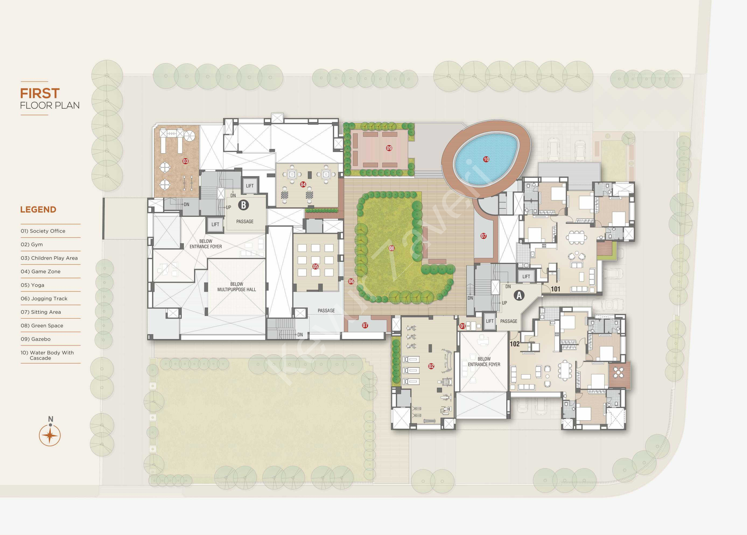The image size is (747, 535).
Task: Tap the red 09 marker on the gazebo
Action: point(389,148)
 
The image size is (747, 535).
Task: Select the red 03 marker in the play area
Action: point(185,161)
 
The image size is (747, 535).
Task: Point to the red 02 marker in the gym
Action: point(431,366)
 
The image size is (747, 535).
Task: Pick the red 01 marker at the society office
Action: point(462,326)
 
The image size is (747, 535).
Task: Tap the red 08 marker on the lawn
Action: point(391,248)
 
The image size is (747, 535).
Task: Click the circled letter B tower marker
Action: point(243,205)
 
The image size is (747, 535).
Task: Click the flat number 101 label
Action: point(555,289)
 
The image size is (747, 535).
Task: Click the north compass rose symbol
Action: point(50,435)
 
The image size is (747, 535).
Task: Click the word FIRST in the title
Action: point(40,94)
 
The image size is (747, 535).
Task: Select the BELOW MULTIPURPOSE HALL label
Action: point(236,287)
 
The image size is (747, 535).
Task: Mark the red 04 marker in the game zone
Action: point(303,185)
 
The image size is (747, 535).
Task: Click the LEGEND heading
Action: point(38,210)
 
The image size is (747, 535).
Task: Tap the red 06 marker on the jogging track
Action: point(351,281)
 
